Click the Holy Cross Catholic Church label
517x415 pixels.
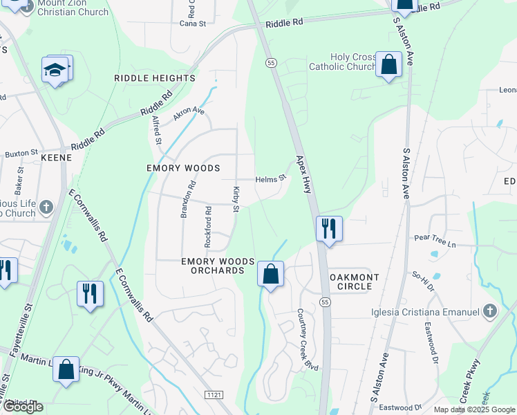[x=343, y=62]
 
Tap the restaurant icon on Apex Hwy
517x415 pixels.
[x=329, y=228]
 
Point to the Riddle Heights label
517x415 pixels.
[x=155, y=78]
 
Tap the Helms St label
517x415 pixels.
[x=270, y=179]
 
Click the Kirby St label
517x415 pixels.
[x=236, y=199]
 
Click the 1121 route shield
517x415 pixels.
[x=214, y=394]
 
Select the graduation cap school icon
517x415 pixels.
[x=55, y=70]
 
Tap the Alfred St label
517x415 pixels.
[x=157, y=130]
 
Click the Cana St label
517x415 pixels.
[x=193, y=24]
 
